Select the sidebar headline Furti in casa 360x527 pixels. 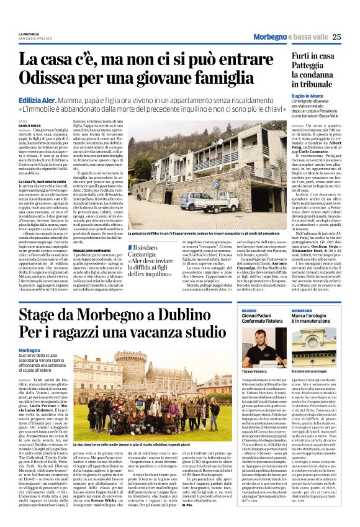[314, 56]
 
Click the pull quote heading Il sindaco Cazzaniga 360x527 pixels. [163, 251]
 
